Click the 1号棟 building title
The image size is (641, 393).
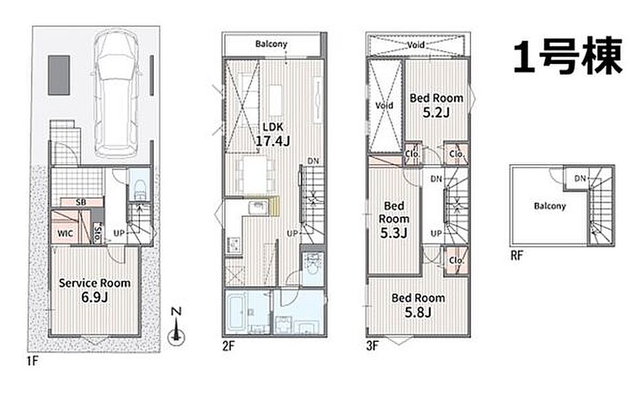pos(568,56)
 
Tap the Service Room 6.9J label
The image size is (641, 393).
pos(94,290)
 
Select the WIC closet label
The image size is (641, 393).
pos(65,233)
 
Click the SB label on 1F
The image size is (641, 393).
pos(80,202)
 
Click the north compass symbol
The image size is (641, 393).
pos(176,331)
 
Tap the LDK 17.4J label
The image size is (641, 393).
pos(273,134)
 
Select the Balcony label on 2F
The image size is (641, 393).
pos(271,44)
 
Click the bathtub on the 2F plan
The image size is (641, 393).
pos(235,311)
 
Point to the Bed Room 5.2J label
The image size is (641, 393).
pos(436,105)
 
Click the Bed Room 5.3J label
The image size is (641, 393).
pos(394,219)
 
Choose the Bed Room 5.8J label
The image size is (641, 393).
pos(418,305)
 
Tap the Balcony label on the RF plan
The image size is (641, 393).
pos(550,206)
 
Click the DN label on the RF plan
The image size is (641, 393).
pos(580,178)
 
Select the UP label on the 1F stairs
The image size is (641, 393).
pos(119,233)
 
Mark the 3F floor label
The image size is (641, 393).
pos(372,347)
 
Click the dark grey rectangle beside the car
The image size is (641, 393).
pos(60,76)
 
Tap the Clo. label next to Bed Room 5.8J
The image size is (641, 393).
pos(457,260)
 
